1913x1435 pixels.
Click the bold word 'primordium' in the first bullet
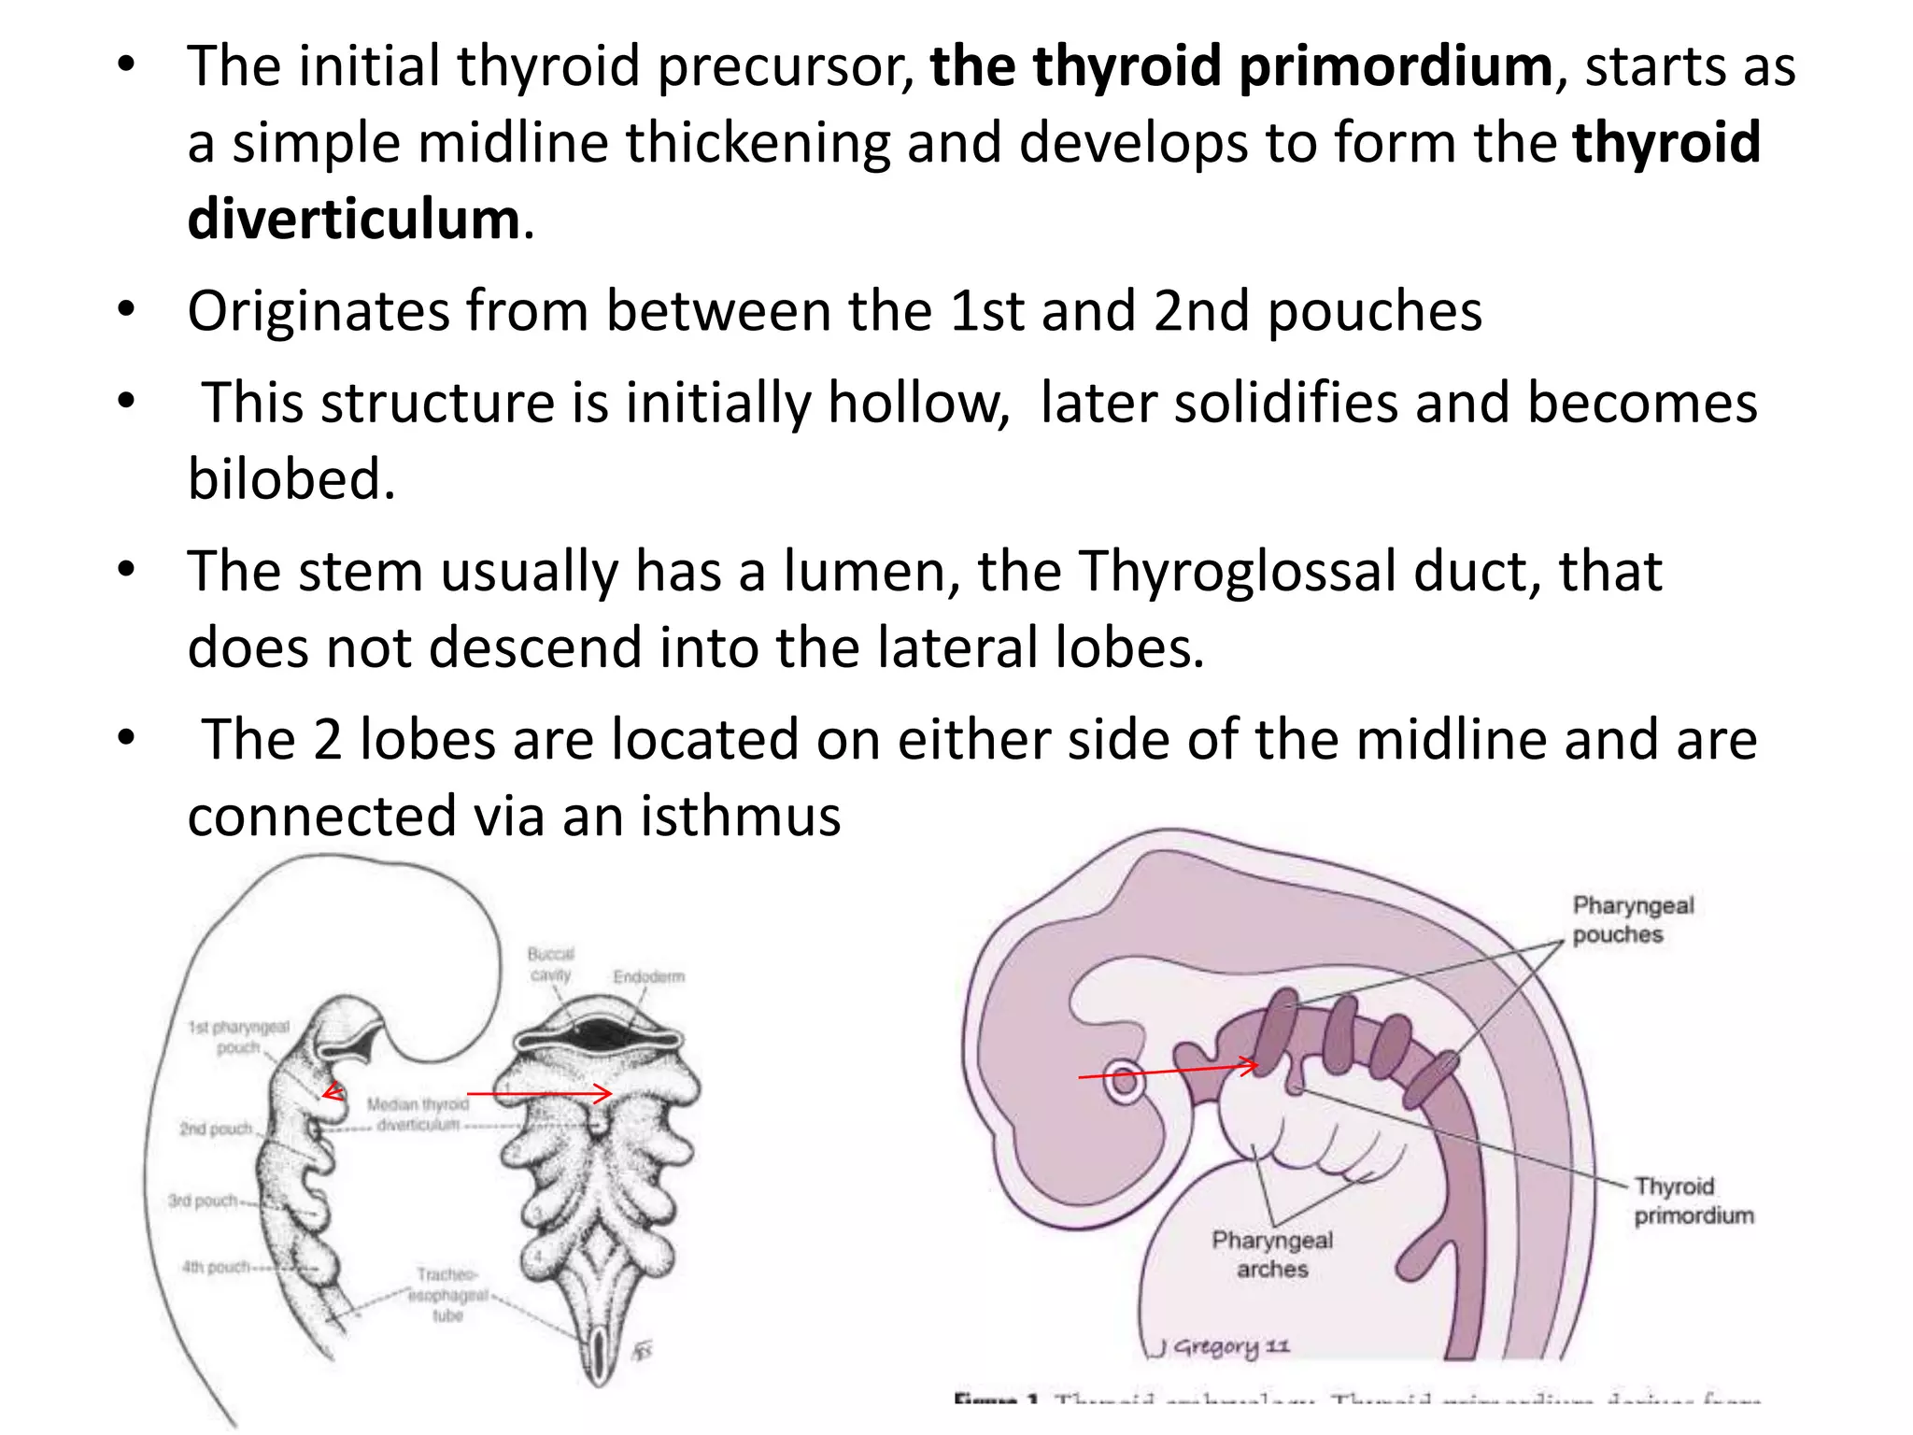1396,67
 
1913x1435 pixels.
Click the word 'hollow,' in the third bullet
919,404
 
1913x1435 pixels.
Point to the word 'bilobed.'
291,479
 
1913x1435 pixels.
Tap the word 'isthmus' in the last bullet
740,817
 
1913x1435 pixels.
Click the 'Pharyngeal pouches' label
1632,919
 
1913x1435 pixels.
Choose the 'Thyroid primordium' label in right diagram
1693,1201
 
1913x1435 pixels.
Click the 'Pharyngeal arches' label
1272,1254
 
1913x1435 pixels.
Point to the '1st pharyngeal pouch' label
239,1037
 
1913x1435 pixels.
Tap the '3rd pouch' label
203,1201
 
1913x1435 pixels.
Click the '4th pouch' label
216,1268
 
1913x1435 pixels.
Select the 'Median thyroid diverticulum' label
418,1115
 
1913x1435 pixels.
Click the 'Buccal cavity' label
551,964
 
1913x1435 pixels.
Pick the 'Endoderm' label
648,977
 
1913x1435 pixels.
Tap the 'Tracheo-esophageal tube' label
447,1295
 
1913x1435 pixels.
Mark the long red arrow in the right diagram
1168,1071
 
